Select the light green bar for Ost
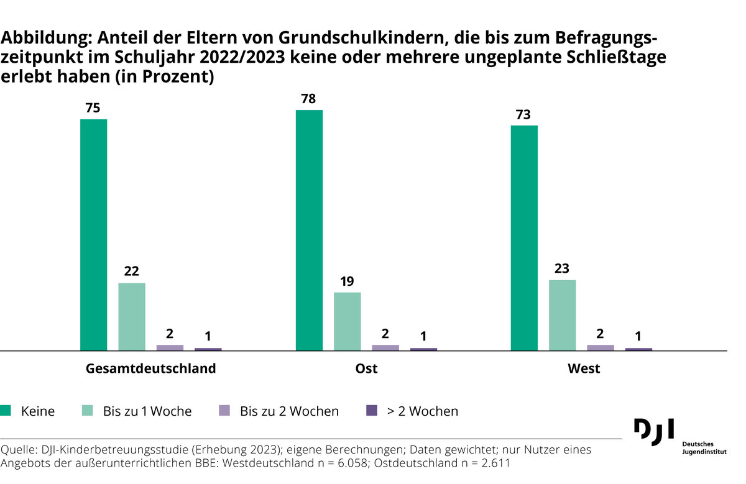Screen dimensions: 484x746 click(347, 321)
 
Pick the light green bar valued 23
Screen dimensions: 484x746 click(562, 315)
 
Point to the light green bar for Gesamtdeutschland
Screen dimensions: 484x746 click(132, 317)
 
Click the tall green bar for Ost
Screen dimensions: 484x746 click(309, 231)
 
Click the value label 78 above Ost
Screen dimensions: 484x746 click(309, 99)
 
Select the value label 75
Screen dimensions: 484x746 click(93, 108)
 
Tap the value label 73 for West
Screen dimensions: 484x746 click(524, 114)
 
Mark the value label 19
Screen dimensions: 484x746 click(347, 281)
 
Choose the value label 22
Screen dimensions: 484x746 click(132, 272)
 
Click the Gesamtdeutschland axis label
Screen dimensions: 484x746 click(150, 368)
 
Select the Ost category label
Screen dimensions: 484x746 click(366, 368)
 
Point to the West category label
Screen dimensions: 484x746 click(584, 368)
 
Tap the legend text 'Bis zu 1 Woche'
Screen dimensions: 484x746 click(147, 411)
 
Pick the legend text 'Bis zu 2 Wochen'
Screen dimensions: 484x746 click(289, 411)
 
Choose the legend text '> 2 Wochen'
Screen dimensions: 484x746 click(423, 411)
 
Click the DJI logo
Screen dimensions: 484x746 click(653, 431)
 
